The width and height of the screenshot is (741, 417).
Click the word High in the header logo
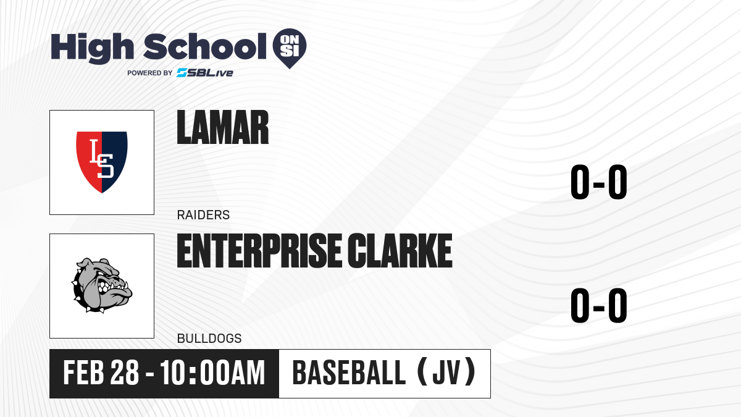click(92, 48)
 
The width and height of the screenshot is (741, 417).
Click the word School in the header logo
click(205, 46)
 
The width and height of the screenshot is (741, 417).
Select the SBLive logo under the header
click(205, 73)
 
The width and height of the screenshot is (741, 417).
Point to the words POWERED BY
click(150, 73)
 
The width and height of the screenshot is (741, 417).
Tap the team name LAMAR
click(223, 127)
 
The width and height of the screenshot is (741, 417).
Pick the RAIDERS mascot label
click(203, 215)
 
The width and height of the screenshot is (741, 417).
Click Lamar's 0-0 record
click(599, 182)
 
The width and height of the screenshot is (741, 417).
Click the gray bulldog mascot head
click(102, 285)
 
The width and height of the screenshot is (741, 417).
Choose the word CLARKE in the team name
click(400, 251)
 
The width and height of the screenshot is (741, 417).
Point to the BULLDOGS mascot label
click(209, 339)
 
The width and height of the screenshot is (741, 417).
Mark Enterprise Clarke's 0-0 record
click(599, 305)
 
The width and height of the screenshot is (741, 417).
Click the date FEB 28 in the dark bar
click(101, 373)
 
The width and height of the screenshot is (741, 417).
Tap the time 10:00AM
click(212, 373)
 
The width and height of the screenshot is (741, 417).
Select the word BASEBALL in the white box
click(349, 373)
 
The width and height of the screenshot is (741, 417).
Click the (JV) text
click(446, 373)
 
